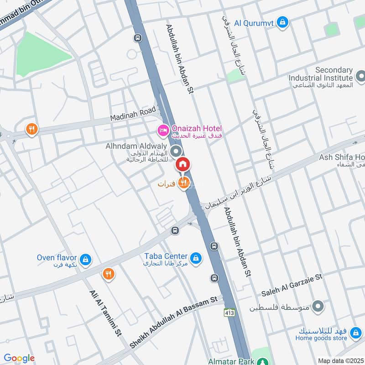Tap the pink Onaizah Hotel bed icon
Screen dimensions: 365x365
pyautogui.click(x=163, y=131)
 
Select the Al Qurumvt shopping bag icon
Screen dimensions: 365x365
pyautogui.click(x=283, y=21)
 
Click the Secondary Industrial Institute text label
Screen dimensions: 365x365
pyautogui.click(x=321, y=74)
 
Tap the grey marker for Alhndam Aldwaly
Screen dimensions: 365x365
pyautogui.click(x=176, y=151)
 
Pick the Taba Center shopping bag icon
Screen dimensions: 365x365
pyautogui.click(x=196, y=259)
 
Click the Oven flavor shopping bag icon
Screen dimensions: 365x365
pyautogui.click(x=85, y=261)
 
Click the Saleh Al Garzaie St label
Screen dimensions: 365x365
pyautogui.click(x=292, y=285)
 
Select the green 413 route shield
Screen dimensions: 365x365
pyautogui.click(x=229, y=313)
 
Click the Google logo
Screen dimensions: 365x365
pyautogui.click(x=19, y=358)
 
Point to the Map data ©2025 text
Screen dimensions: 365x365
pyautogui.click(x=340, y=360)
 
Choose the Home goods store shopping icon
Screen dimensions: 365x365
pyautogui.click(x=355, y=338)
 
